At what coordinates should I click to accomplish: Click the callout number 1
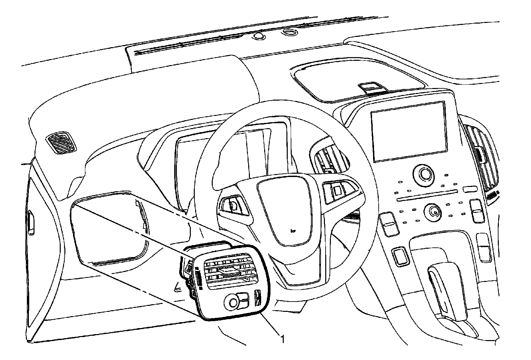tap(282, 339)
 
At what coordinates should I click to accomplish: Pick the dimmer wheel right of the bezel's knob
tap(257, 297)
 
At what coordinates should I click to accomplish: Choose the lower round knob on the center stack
tap(433, 210)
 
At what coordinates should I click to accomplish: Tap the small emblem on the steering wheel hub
tap(292, 229)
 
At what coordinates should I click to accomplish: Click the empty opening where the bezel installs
tap(110, 229)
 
